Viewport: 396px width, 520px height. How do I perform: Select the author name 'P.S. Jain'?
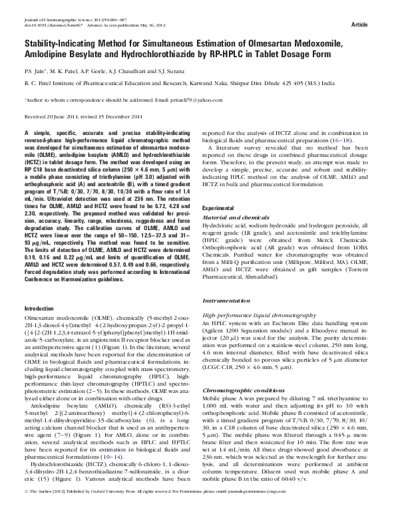(33, 70)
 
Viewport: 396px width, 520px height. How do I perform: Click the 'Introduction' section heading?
(39, 309)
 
